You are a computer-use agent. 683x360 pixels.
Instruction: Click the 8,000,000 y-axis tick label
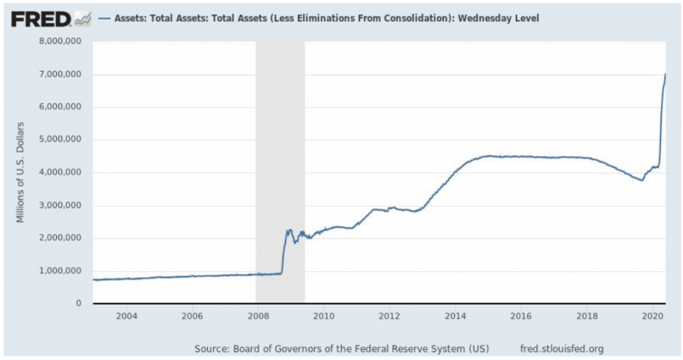(59, 42)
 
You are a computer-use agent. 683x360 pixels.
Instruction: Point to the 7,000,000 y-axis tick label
(59, 74)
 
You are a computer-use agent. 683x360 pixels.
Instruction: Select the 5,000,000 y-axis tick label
(59, 140)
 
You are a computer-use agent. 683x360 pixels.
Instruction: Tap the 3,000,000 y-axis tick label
(59, 206)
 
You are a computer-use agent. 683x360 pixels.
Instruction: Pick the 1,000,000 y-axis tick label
(59, 271)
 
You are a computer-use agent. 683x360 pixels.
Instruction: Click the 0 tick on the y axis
(79, 304)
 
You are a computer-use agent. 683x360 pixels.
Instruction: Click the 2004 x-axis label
(126, 317)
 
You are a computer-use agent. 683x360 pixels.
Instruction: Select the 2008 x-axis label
(257, 317)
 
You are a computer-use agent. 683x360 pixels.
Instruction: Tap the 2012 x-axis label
(389, 317)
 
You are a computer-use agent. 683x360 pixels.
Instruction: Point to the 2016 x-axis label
(520, 317)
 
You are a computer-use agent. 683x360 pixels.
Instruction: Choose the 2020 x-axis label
(652, 317)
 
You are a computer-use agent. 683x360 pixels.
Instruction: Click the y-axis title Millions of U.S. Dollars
(21, 171)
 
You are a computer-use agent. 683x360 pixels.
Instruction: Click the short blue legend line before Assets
(104, 18)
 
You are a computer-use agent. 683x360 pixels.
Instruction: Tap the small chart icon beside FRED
(83, 19)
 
